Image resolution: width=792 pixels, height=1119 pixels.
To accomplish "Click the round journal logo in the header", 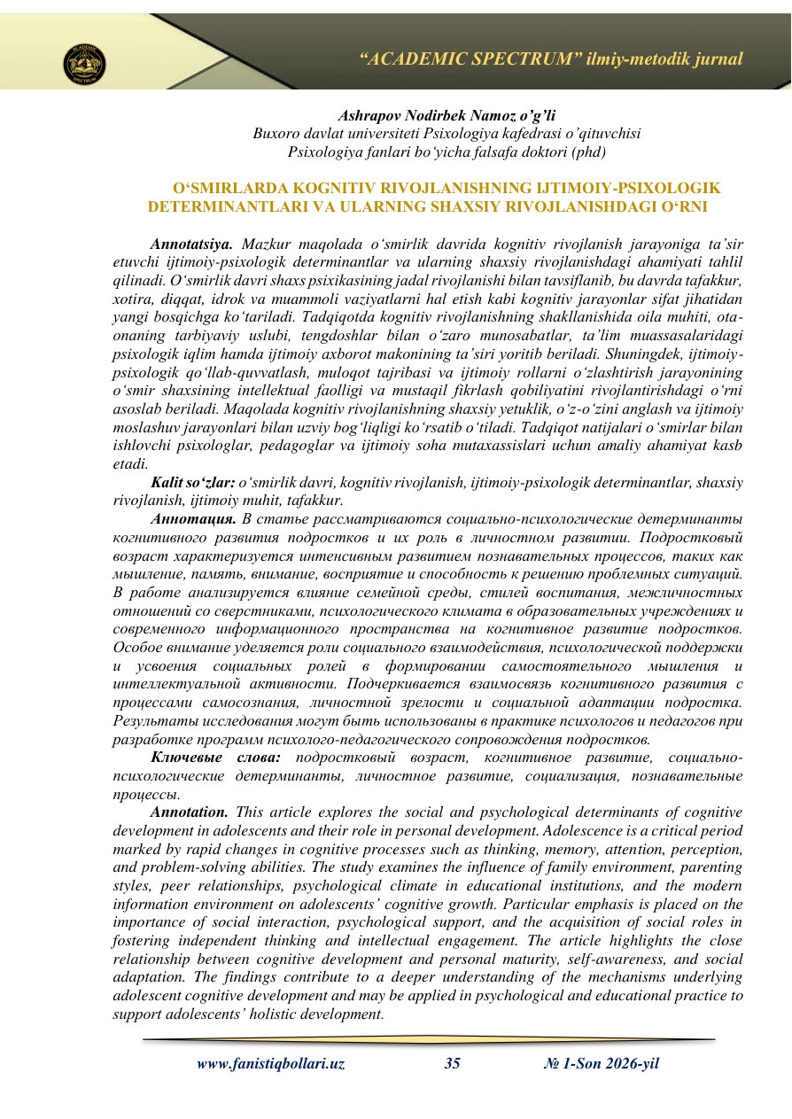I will (84, 64).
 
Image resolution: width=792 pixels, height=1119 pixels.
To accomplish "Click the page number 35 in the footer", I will (452, 1065).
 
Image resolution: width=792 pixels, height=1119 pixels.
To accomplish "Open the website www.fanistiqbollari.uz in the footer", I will (270, 1065).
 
